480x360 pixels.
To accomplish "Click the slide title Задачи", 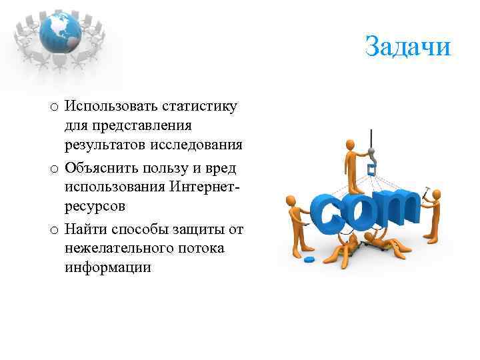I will (408, 47).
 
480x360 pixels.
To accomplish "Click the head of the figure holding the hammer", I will (437, 195).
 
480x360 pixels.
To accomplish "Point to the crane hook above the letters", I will (371, 155).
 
